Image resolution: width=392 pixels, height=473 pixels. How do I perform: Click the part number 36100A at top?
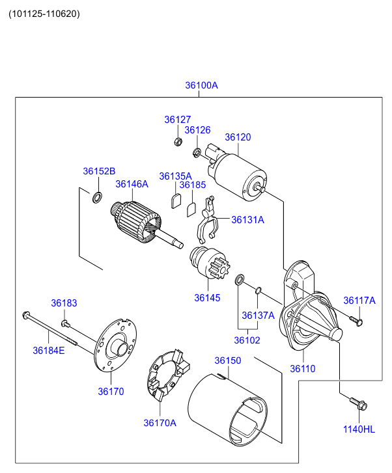(201, 85)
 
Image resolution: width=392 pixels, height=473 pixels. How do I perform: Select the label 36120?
(238, 137)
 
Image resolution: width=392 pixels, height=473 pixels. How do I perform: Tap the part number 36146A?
(132, 184)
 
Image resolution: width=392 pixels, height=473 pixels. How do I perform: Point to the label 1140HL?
(359, 429)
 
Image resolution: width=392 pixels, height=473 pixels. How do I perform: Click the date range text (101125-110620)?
(44, 14)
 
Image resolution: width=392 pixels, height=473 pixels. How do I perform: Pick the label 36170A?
(160, 423)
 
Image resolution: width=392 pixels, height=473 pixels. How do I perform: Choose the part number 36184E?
(49, 351)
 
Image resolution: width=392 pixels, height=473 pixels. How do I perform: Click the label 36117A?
(359, 300)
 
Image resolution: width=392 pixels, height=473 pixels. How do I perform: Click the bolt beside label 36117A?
(355, 320)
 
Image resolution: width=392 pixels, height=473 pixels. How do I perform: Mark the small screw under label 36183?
(65, 323)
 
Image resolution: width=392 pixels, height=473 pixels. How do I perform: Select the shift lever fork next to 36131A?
(207, 221)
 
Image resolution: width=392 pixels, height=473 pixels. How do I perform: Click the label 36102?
(247, 340)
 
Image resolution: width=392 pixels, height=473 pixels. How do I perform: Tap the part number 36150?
(228, 360)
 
